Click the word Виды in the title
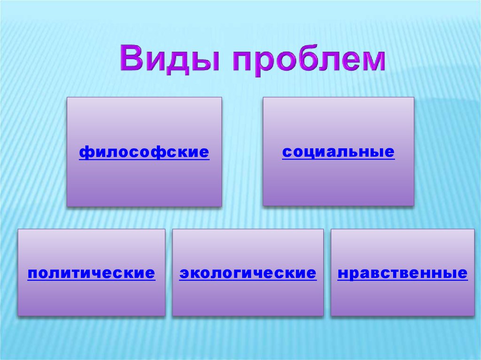[x=170, y=59]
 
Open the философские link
[x=144, y=153]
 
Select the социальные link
[x=338, y=152]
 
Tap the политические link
[x=92, y=273]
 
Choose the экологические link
[x=248, y=273]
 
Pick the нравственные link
[x=403, y=273]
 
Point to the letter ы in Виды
[x=206, y=61]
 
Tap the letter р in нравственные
[x=355, y=275]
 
